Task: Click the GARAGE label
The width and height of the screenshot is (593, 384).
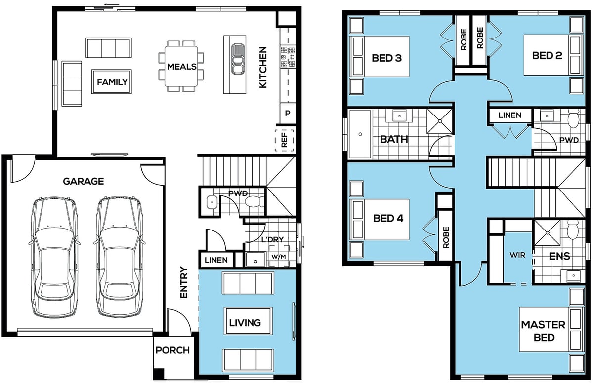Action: pos(84,181)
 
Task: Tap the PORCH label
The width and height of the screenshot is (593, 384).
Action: pos(172,350)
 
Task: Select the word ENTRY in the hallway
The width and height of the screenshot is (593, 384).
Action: pos(183,282)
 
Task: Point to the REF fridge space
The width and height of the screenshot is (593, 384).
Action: pos(284,140)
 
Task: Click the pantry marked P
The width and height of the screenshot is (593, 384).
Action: pos(288,113)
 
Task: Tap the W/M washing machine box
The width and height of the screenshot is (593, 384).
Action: pos(279,256)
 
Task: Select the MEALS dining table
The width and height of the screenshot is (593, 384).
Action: pos(181,66)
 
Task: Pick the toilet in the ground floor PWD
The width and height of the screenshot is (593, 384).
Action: pos(254,202)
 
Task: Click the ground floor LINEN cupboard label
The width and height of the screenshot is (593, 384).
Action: pos(216,260)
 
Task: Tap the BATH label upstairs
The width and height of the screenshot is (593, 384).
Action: pos(394,139)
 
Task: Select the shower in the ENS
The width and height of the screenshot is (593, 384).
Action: pos(547,233)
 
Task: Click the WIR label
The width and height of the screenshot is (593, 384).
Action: pos(517,255)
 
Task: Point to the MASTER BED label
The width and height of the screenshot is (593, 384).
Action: pos(544,331)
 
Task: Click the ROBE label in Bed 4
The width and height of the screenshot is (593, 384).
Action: pos(446,237)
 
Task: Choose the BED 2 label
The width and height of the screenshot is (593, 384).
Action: pos(547,56)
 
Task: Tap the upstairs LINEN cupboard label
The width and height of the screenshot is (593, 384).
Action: pos(510,115)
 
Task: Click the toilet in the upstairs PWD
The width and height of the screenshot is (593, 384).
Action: pos(573,120)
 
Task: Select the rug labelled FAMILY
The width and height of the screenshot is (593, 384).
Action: pos(112,82)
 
